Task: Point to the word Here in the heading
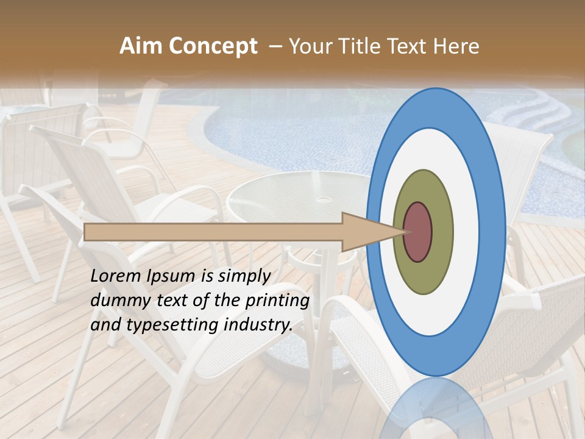[456, 46]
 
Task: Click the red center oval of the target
[418, 232]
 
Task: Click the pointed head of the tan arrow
[372, 232]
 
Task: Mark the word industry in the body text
[258, 325]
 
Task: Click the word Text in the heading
[410, 46]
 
